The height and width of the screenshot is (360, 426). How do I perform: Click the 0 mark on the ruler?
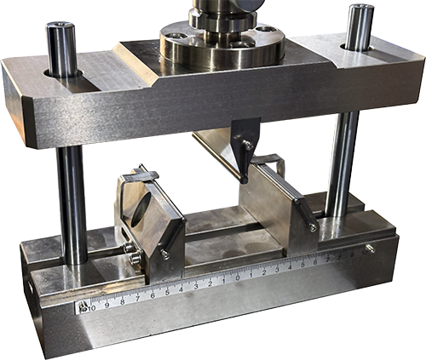224,279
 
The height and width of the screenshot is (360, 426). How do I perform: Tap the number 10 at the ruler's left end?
92,305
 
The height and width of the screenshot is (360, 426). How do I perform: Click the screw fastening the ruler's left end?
83,307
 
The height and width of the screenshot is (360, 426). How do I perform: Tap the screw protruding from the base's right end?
369,248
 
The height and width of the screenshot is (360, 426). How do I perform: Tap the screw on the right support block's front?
313,227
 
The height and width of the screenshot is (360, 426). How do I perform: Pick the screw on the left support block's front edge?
164,254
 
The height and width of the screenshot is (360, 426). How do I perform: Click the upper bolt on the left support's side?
129,248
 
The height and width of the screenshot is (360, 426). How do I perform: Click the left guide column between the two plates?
72,200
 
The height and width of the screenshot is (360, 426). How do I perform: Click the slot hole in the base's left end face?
30,290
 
